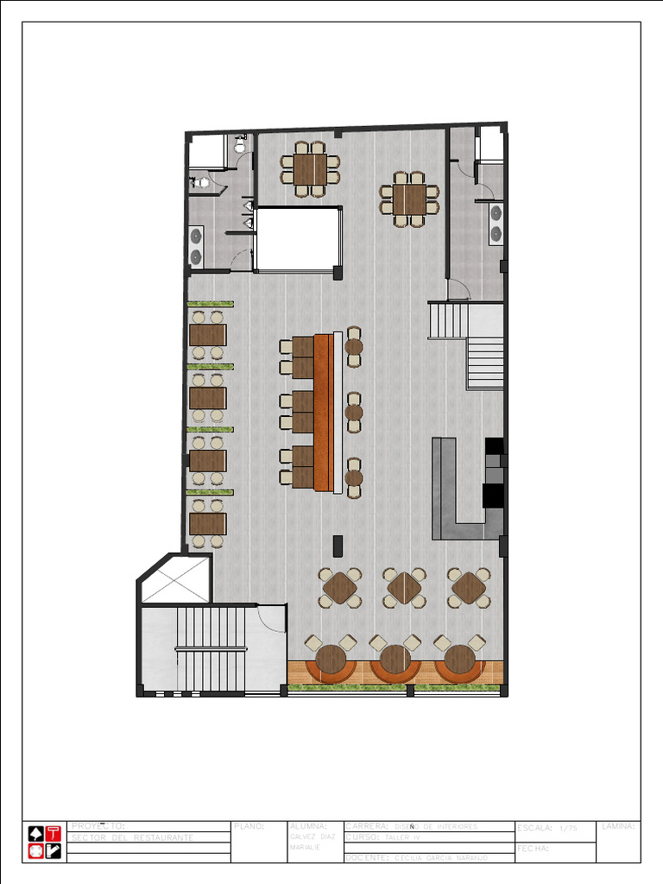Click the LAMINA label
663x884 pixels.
click(618, 826)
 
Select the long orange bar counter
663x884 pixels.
click(324, 412)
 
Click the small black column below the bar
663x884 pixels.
click(338, 546)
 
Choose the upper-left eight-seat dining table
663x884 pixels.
click(310, 168)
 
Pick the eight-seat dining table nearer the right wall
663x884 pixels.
click(409, 199)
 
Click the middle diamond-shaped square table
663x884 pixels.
click(404, 588)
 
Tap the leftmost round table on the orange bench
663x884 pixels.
click(331, 660)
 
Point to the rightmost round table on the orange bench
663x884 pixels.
click(459, 660)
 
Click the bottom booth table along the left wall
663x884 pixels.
click(207, 524)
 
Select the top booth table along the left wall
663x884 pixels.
click(207, 334)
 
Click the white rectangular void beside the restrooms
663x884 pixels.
click(299, 239)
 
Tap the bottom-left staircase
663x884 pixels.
click(212, 648)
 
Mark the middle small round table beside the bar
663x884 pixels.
click(354, 412)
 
